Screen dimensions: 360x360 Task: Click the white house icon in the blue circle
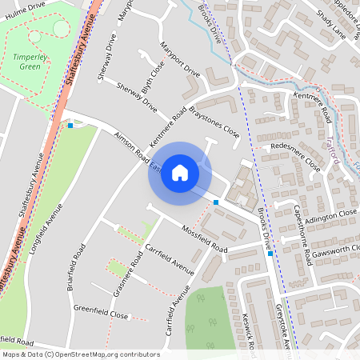(x=180, y=173)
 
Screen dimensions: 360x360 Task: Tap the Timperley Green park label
(x=30, y=62)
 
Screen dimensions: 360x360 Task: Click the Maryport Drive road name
(x=180, y=59)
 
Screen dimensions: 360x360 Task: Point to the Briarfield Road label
(x=78, y=265)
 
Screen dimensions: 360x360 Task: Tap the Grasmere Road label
(x=128, y=275)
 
